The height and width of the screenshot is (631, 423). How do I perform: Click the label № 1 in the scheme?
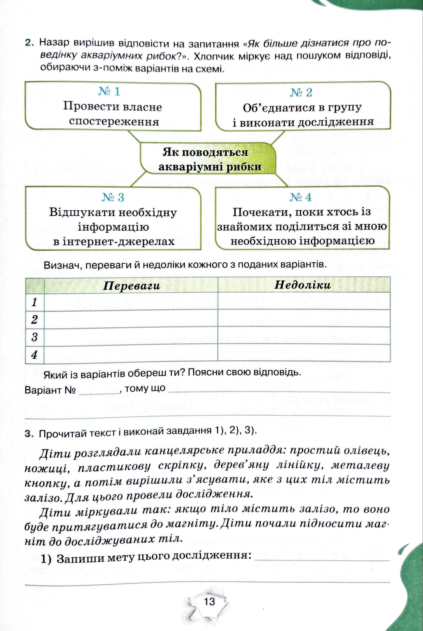pos(109,92)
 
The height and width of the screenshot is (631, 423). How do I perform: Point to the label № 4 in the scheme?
pos(300,197)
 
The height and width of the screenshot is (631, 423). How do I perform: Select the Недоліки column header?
pos(303,285)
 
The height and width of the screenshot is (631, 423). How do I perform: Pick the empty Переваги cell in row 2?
pos(131,320)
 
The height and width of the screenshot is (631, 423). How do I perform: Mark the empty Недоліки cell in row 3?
pos(304,337)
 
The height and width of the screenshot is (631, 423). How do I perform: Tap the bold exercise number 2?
pos(29,43)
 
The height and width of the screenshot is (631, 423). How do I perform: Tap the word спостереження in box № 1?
pos(114,122)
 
